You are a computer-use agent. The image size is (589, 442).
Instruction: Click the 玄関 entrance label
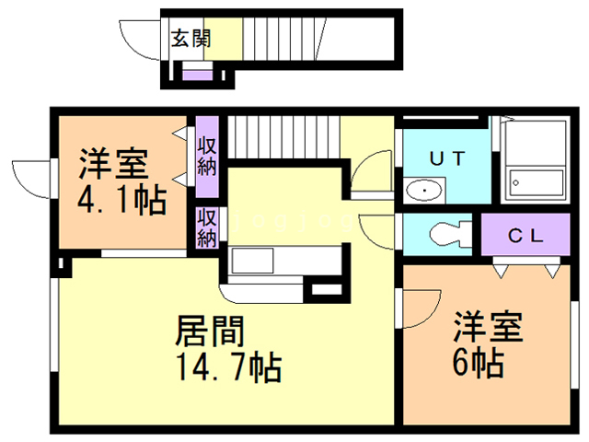(191, 39)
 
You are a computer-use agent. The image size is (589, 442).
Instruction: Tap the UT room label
(448, 157)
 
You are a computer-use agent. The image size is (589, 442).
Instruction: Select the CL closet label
(527, 234)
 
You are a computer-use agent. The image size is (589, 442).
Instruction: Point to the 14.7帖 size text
(226, 368)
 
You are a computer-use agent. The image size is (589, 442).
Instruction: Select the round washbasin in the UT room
(423, 191)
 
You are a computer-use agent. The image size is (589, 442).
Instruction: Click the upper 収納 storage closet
(206, 156)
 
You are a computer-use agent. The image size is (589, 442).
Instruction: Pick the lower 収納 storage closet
(206, 227)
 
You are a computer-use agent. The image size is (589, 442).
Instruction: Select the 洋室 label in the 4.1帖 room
(112, 165)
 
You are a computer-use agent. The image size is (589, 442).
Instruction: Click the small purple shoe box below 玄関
(196, 75)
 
